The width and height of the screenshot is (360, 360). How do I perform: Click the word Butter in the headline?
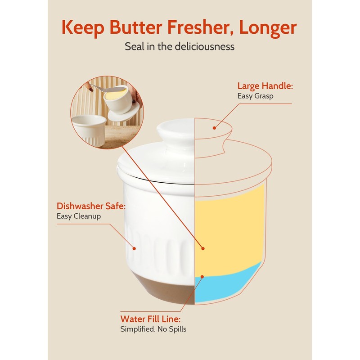(x=136, y=27)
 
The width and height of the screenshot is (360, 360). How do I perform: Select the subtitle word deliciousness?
(x=205, y=46)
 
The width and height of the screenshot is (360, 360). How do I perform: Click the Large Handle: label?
(x=265, y=86)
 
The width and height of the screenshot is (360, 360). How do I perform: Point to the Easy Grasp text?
(x=255, y=96)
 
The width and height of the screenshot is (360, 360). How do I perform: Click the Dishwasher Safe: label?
(x=91, y=206)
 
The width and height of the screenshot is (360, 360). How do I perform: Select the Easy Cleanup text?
(x=79, y=216)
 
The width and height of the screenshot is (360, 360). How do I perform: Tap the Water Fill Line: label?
(x=150, y=319)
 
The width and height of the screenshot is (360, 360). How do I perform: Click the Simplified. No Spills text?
(x=153, y=329)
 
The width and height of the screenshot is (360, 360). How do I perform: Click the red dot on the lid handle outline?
(x=214, y=128)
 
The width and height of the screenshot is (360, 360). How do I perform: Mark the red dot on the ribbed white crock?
(x=134, y=248)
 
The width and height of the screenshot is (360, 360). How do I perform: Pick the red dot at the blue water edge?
(x=202, y=277)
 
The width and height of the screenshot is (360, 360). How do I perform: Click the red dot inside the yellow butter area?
(x=203, y=248)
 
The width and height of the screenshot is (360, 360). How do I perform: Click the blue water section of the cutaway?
(x=220, y=287)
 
